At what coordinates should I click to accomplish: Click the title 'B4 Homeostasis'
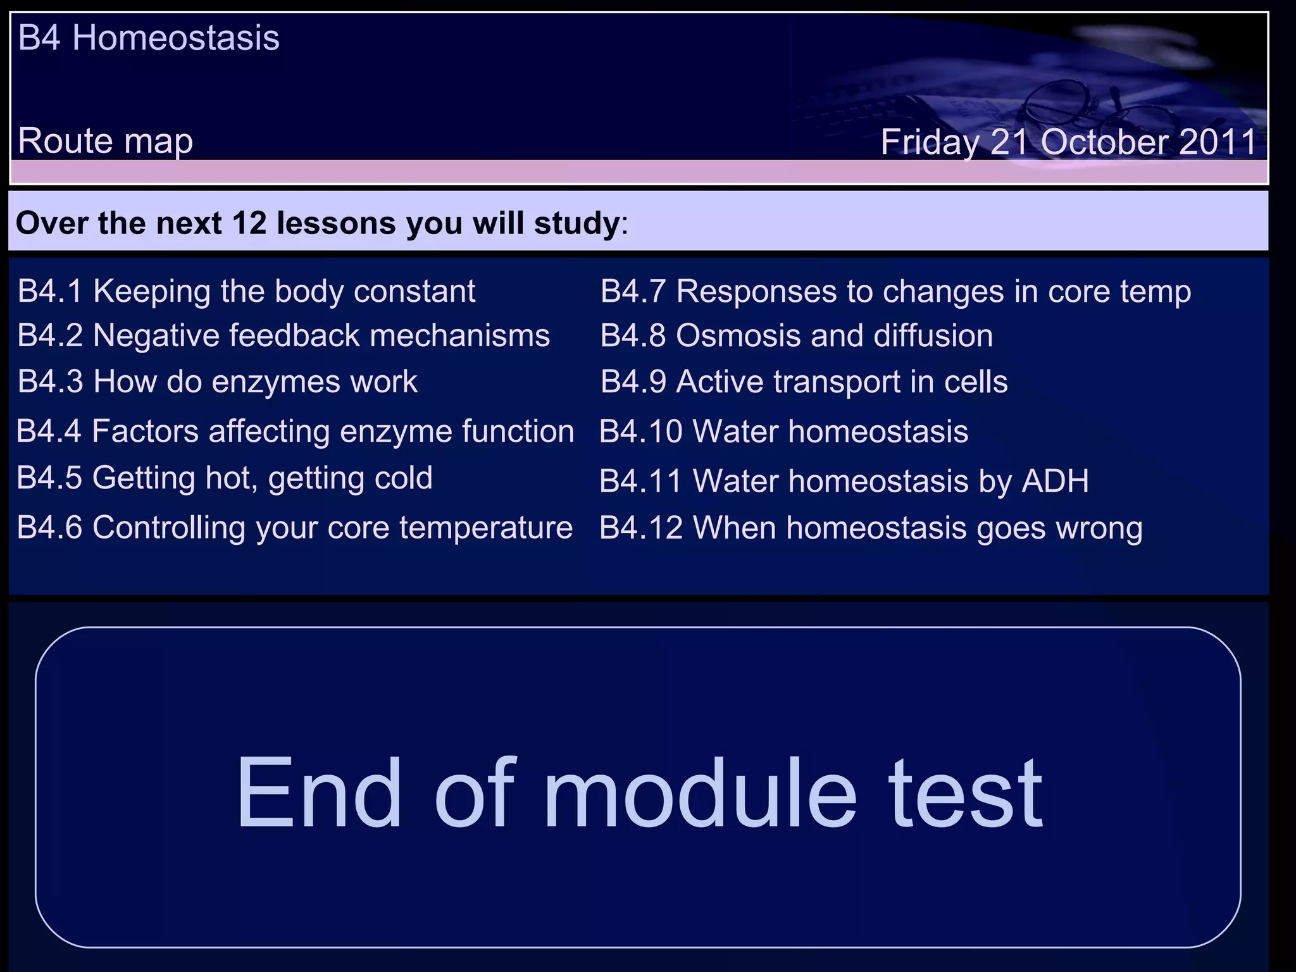(149, 38)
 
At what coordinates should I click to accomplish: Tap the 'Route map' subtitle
(105, 140)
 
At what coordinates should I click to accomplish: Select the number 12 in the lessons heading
(249, 223)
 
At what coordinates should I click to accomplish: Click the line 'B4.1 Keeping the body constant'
(246, 292)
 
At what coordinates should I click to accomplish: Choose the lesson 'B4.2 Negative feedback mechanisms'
(283, 335)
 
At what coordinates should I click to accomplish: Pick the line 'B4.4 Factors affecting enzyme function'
(295, 432)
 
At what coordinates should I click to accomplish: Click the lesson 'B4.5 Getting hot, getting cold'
(225, 478)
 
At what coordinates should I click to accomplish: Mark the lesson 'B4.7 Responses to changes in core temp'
(895, 292)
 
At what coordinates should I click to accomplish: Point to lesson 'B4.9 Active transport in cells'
(804, 382)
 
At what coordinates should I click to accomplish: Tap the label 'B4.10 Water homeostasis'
(783, 432)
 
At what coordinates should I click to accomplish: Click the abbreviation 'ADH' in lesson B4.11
(1055, 481)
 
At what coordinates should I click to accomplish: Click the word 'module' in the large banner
(699, 794)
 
